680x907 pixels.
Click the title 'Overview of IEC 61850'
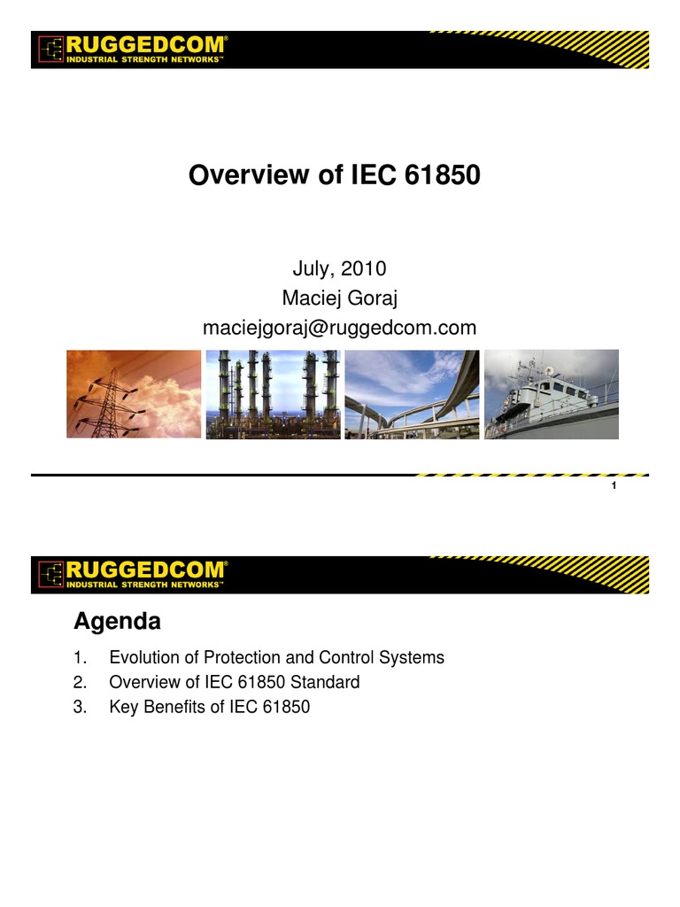(x=334, y=176)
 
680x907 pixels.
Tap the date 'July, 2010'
(x=339, y=268)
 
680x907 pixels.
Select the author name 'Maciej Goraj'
(x=339, y=298)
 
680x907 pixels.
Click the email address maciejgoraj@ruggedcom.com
(x=339, y=328)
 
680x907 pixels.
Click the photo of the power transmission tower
(x=134, y=394)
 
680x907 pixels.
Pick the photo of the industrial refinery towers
(x=273, y=394)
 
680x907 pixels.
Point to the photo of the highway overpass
(x=412, y=394)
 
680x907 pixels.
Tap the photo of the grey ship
(x=551, y=394)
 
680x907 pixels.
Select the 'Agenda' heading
(x=117, y=622)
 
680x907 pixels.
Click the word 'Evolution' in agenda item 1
(x=142, y=658)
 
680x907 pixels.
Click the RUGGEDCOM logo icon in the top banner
(x=50, y=50)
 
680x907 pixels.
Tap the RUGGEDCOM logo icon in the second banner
(x=50, y=575)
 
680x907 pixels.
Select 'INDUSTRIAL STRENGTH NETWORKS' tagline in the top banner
(x=145, y=59)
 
